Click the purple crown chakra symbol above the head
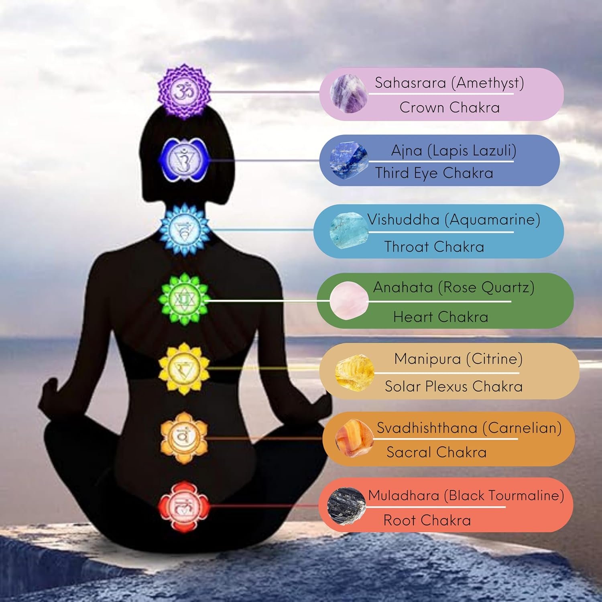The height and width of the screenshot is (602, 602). click(x=184, y=92)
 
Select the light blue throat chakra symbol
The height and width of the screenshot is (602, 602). click(x=184, y=230)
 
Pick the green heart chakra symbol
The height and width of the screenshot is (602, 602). click(x=184, y=299)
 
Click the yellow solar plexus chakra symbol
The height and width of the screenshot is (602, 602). click(x=184, y=368)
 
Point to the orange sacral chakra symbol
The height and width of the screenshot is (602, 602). click(x=184, y=437)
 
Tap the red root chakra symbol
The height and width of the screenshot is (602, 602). click(x=184, y=506)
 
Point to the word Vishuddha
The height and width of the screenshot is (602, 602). click(x=403, y=220)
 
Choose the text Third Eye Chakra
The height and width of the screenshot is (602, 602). click(x=434, y=173)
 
